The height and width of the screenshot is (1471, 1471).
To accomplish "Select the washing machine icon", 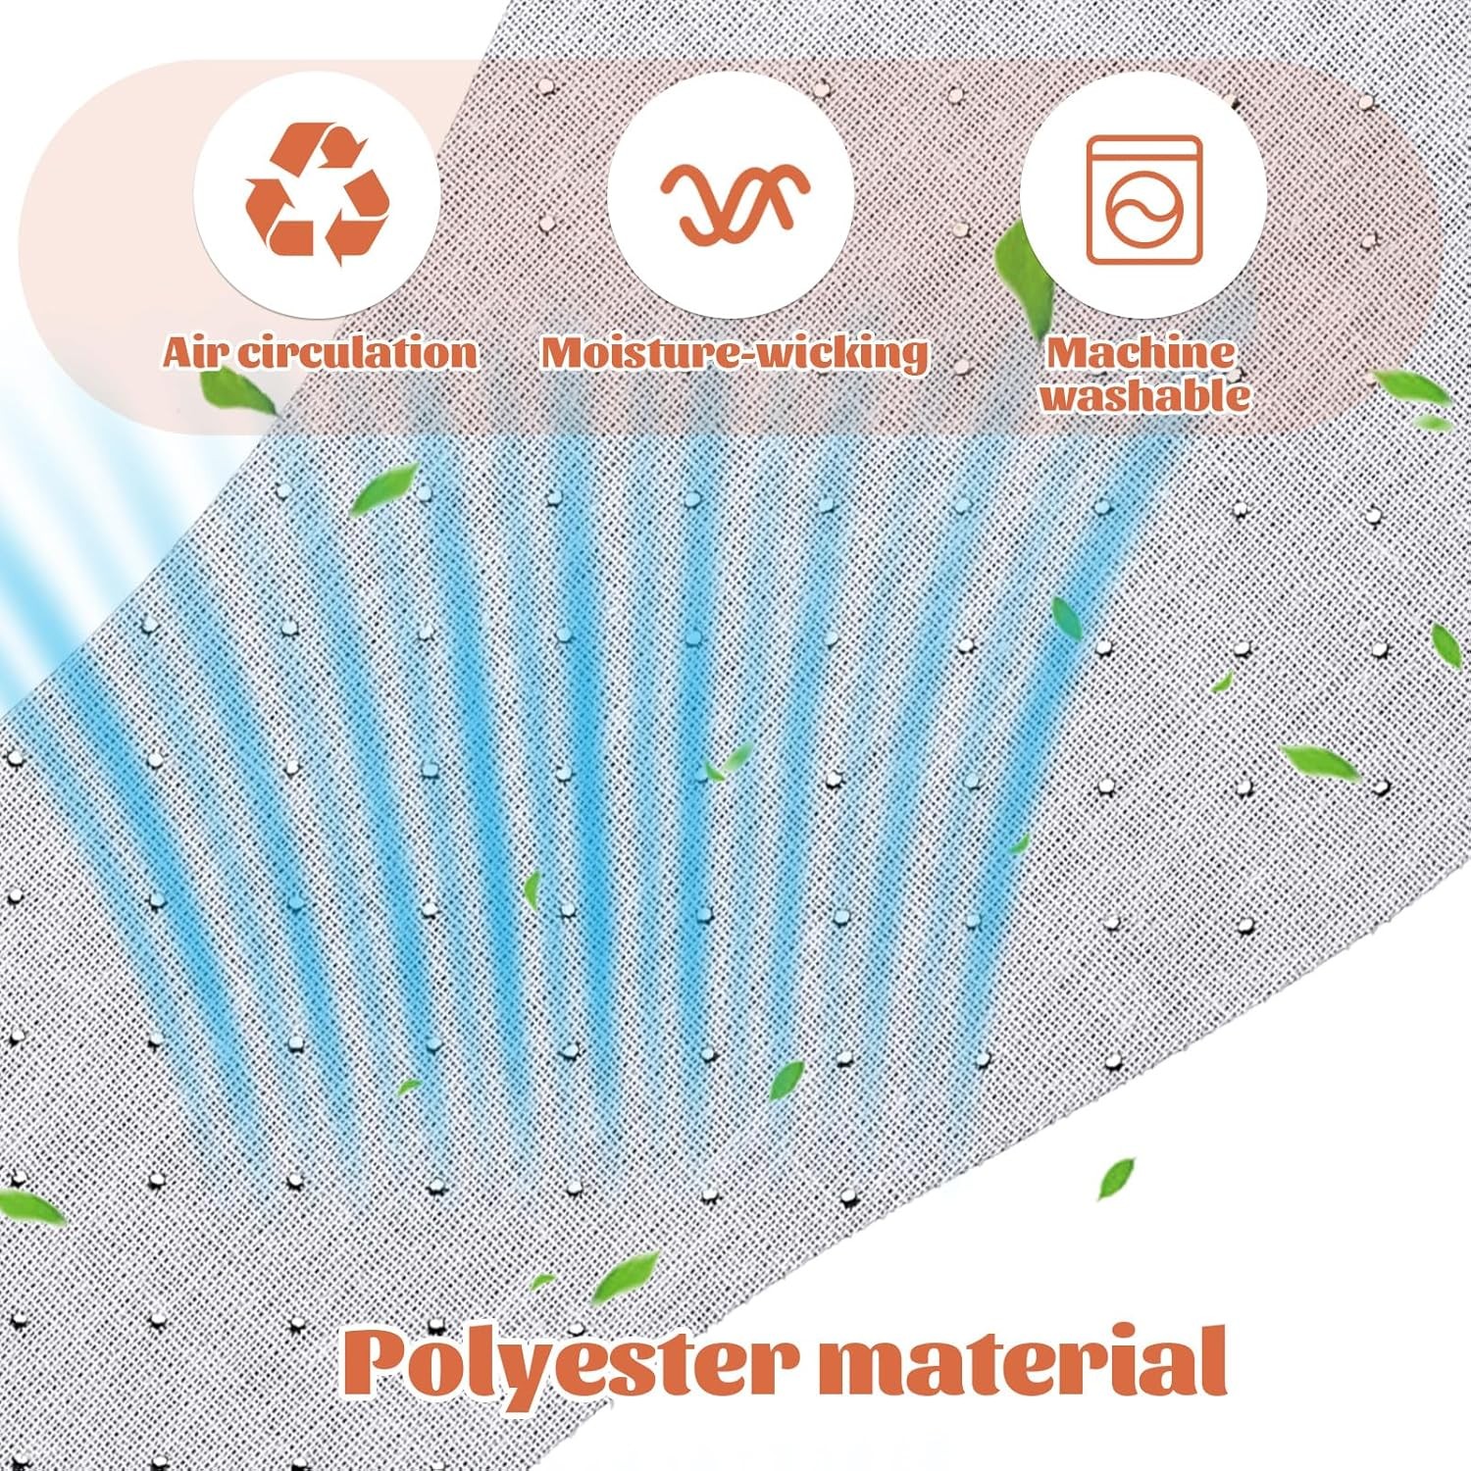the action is pyautogui.click(x=1144, y=200).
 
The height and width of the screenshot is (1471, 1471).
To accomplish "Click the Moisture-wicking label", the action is pyautogui.click(x=735, y=353).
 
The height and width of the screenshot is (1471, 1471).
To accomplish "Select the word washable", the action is pyautogui.click(x=1145, y=395).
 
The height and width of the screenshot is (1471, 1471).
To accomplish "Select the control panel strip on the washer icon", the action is pyautogui.click(x=1144, y=152).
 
